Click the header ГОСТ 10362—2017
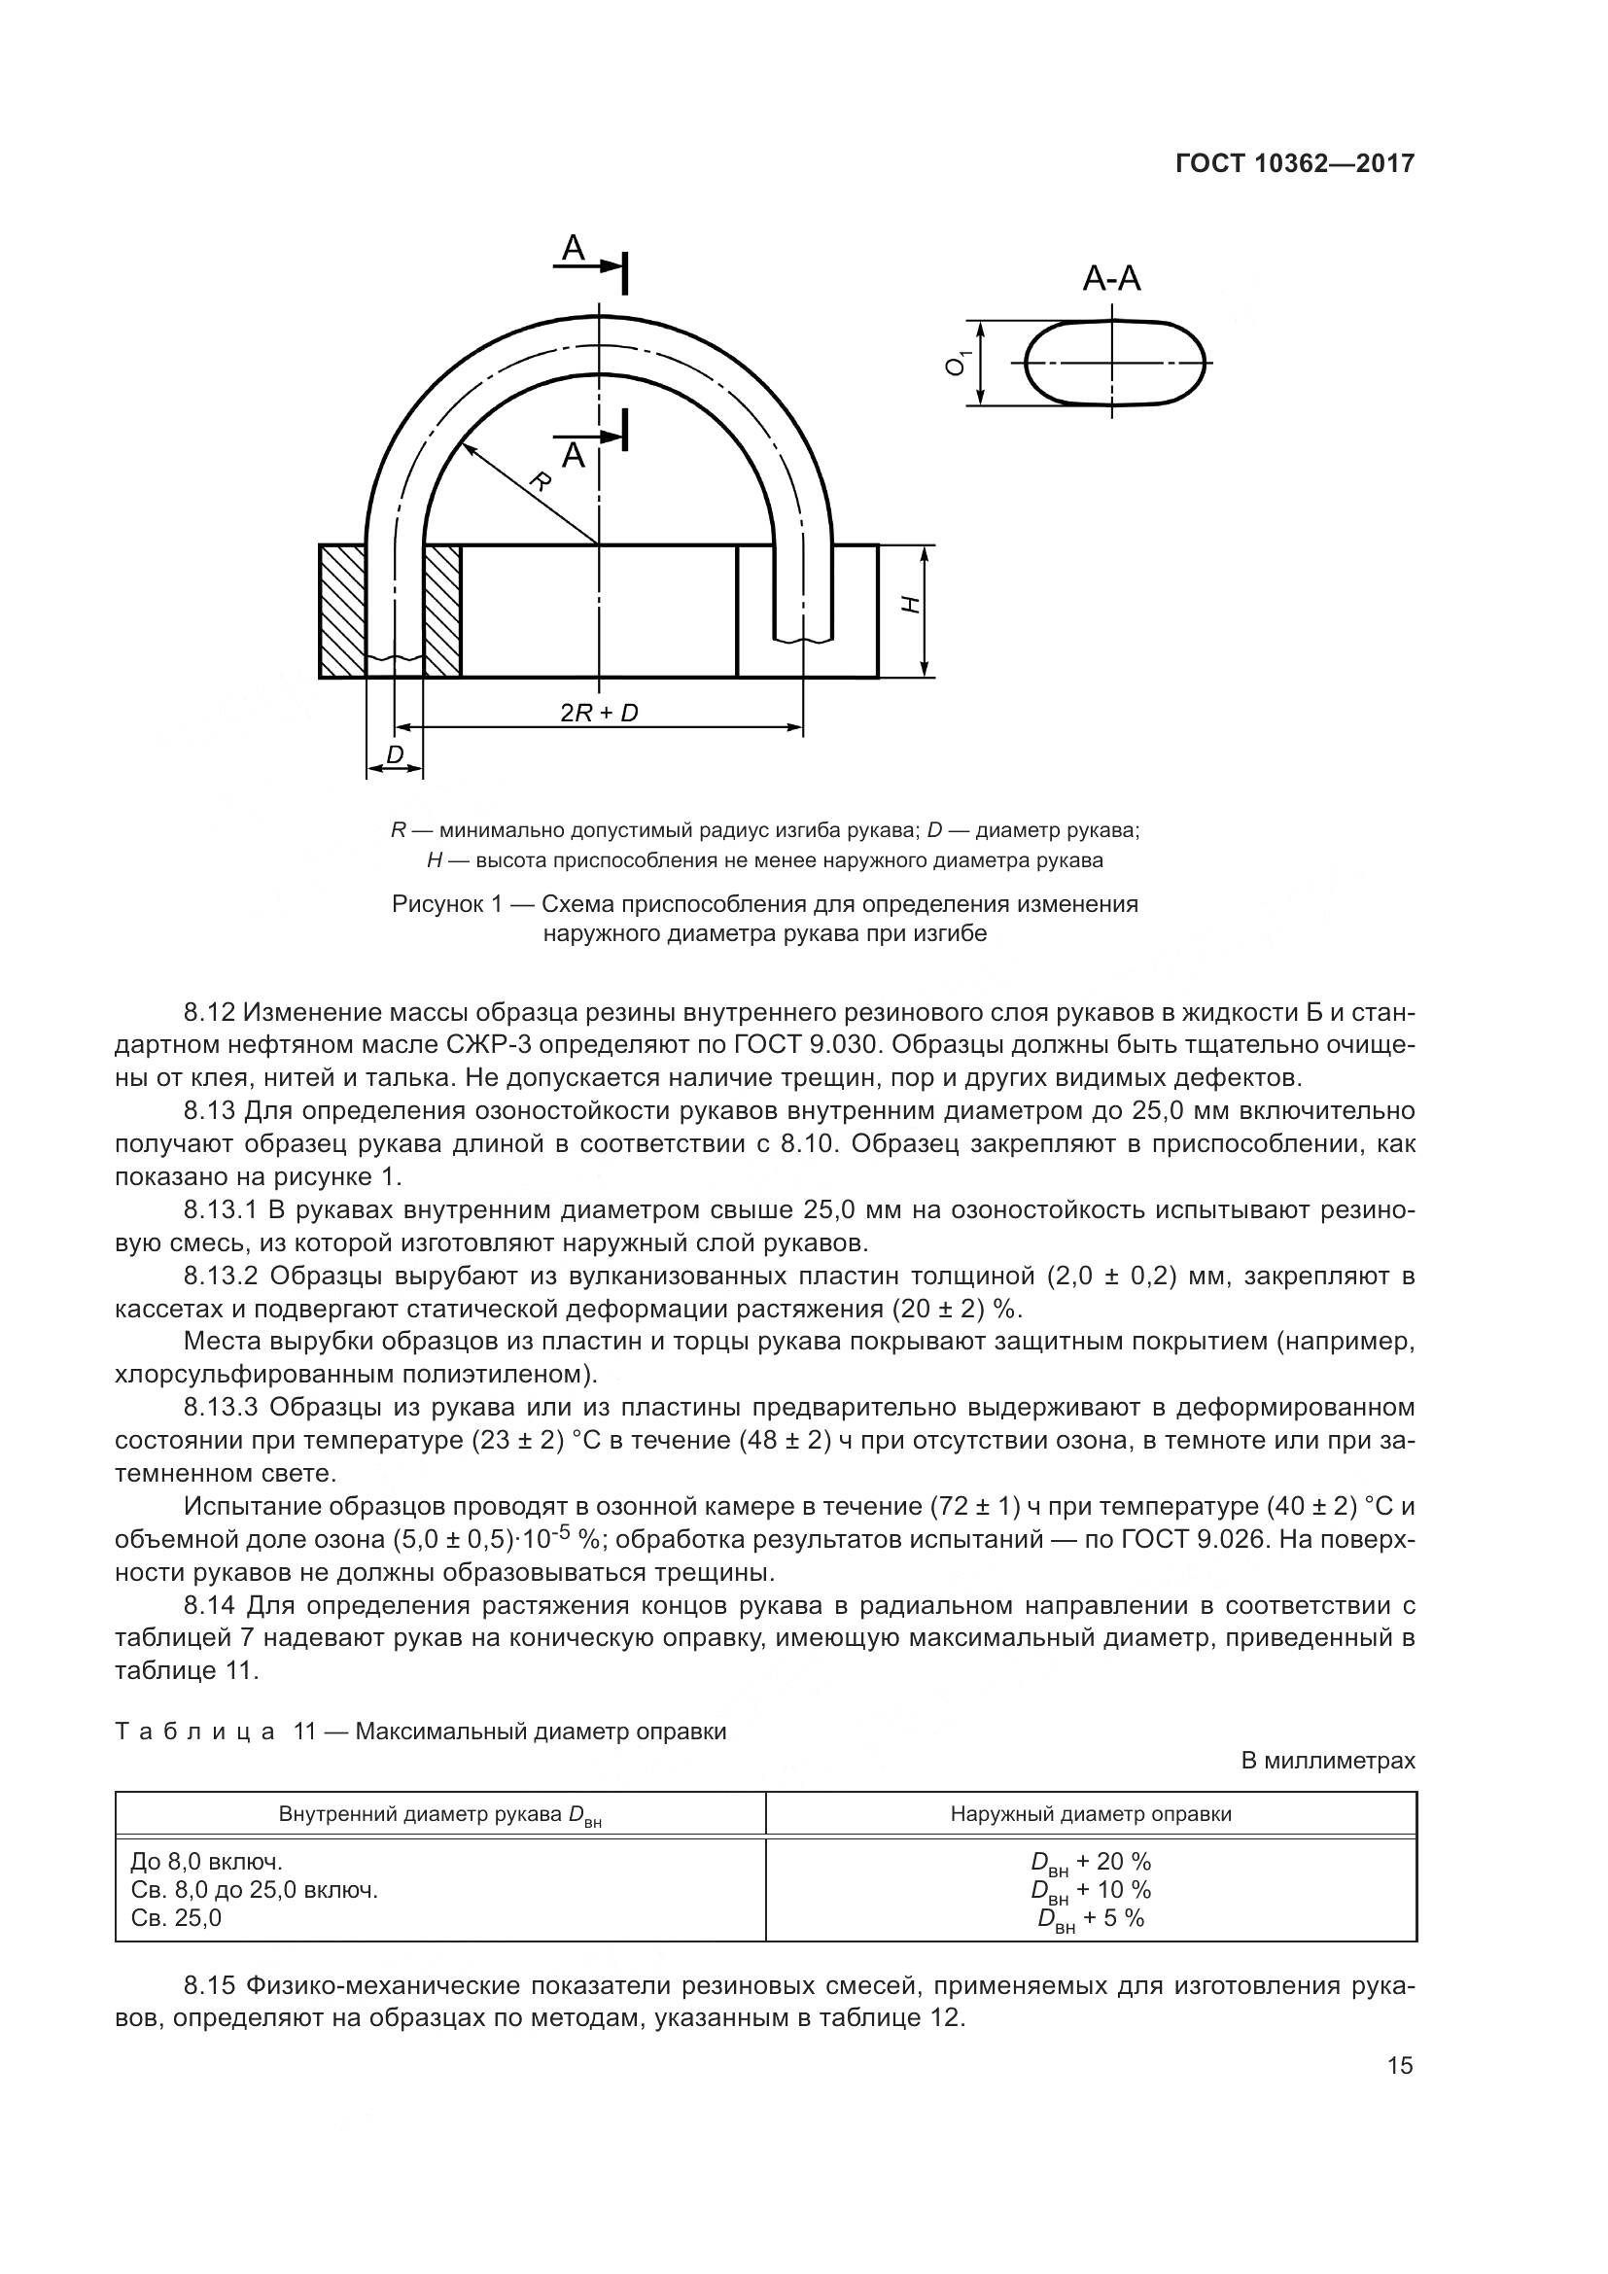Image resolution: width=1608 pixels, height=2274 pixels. pos(1294,163)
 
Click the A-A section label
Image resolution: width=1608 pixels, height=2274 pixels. pos(1111,279)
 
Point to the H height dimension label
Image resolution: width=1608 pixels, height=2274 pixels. pos(912,604)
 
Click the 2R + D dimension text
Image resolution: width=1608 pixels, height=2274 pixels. pos(598,712)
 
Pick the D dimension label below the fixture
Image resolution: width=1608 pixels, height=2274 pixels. pos(395,754)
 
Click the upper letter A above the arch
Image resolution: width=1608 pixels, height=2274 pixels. pos(574,249)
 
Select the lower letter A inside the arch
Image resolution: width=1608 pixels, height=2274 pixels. pos(574,457)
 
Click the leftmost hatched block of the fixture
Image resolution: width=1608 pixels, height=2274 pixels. pos(342,612)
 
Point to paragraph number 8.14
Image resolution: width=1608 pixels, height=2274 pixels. pos(210,1605)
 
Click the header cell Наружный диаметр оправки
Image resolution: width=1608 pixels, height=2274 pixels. pos(1090,1814)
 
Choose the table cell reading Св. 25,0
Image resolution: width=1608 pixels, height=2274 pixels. pos(176,1917)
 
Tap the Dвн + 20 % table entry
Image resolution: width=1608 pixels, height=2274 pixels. pos(1090,1862)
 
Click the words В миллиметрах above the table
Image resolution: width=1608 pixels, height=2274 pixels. pos(1328,1761)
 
